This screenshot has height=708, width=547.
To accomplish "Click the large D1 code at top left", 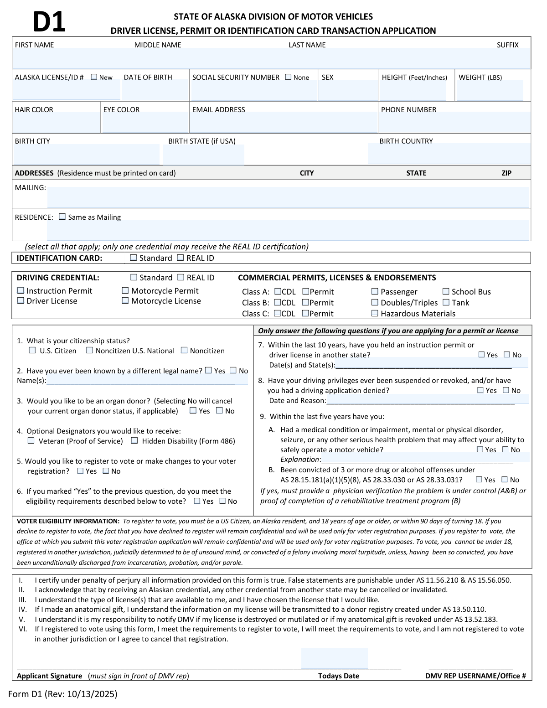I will point(49,22).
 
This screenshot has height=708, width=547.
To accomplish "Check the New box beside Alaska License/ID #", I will point(94,77).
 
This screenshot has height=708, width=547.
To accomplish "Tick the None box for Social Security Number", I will point(288,77).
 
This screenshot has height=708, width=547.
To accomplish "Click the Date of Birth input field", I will point(155,91).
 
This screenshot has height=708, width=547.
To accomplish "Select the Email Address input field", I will point(283,123).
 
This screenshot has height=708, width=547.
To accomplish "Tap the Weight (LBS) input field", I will point(490,91).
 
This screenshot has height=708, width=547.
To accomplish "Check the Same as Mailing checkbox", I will point(62,217).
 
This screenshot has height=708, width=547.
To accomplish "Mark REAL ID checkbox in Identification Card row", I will point(181,258).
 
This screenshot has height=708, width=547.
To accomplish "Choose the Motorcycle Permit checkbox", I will point(125,290).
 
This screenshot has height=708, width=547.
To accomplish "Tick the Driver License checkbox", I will point(21,300).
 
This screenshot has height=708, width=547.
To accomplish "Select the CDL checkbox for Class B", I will point(278,302).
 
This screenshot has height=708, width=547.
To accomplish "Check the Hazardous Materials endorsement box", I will point(375,313).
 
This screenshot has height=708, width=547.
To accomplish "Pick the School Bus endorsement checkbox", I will point(446,291).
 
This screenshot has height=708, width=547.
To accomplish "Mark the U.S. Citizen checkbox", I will point(32,351).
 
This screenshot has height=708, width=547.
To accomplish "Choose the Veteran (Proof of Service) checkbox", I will point(31,441).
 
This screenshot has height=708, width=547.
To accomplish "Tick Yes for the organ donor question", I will point(193,411).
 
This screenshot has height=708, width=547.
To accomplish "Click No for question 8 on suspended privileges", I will point(506,390).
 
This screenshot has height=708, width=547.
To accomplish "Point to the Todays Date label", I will point(338,676).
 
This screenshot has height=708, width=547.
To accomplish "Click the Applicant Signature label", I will point(49,676).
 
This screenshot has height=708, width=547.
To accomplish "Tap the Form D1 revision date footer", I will point(62,694).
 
